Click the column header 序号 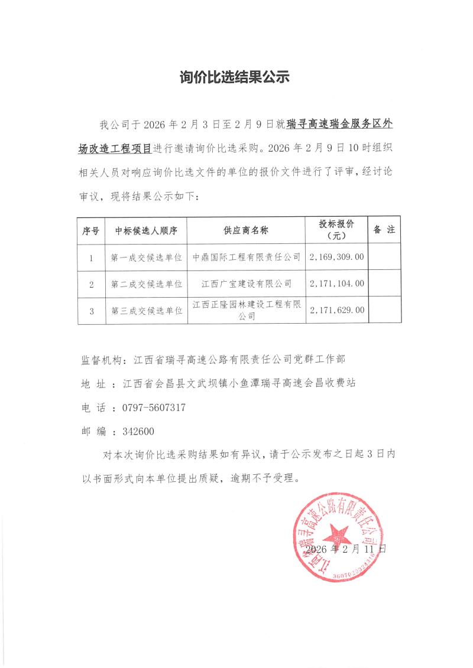(92, 230)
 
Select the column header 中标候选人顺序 (146, 230)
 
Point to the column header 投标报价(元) (336, 230)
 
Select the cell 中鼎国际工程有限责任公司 (247, 258)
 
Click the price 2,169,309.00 (336, 258)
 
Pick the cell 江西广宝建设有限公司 (247, 284)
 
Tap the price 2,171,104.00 (336, 284)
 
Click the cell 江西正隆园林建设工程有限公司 (247, 310)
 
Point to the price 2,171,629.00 (336, 310)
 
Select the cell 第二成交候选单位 (146, 284)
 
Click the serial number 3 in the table (92, 310)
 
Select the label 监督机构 (101, 359)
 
